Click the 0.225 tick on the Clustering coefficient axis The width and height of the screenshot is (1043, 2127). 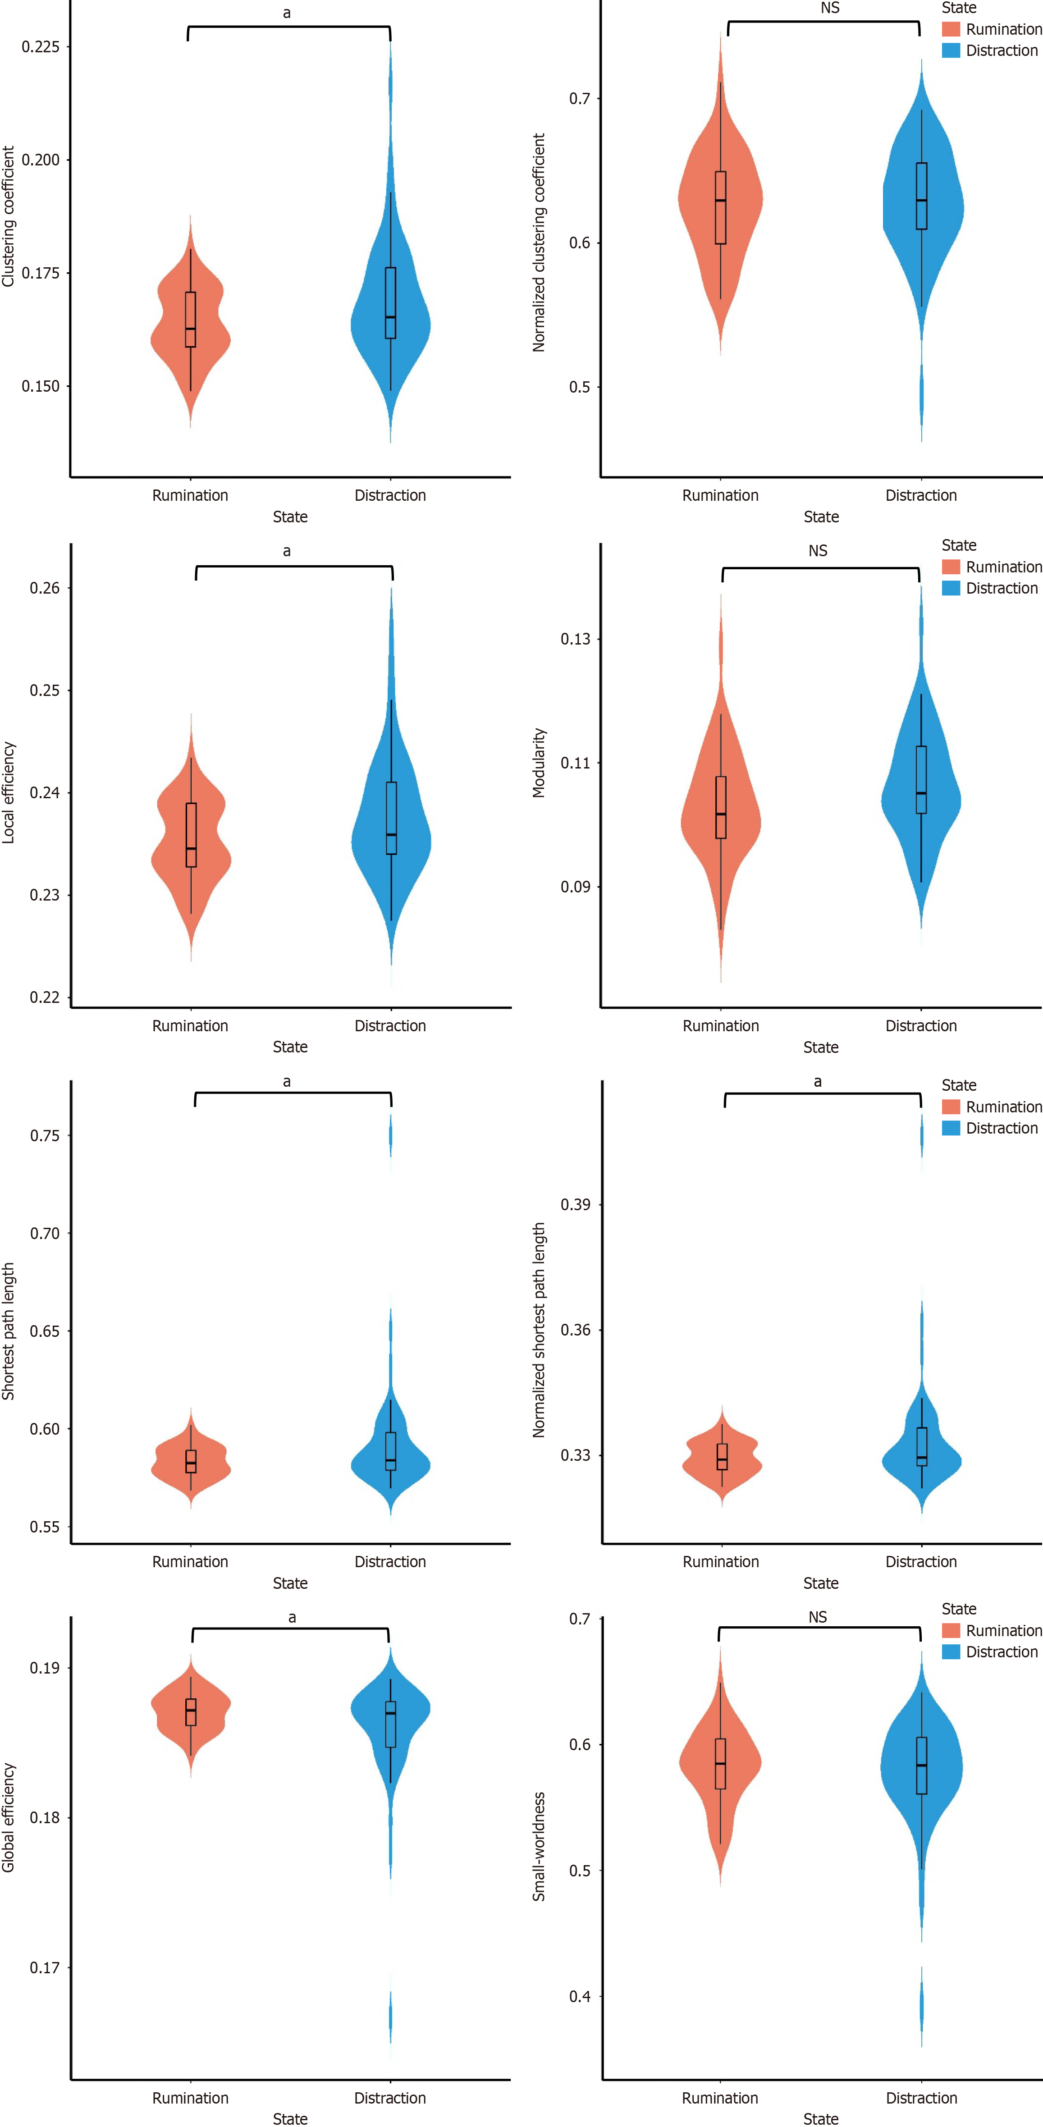41,47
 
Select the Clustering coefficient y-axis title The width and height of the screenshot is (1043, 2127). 8,216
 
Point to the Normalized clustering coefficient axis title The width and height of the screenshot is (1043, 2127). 539,243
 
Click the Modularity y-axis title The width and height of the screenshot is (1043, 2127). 539,762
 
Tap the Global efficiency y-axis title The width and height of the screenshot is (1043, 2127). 8,1817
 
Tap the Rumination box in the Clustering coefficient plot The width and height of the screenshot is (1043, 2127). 191,320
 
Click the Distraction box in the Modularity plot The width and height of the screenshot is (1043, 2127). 921,779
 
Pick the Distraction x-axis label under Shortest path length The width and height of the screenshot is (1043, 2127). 390,1561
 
